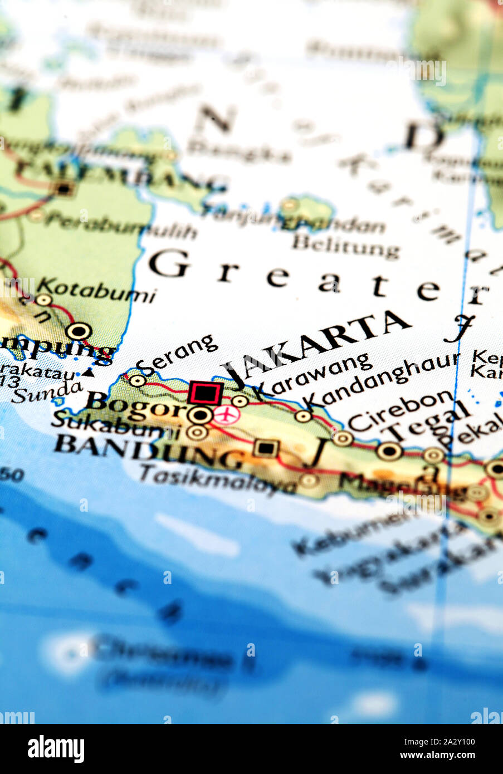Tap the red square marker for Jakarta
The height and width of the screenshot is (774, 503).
205,393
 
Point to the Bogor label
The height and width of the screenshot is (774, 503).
135,405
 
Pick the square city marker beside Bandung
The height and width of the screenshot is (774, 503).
266,448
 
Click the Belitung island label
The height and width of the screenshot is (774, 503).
346,246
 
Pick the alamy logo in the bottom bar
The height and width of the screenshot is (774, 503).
56,749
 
